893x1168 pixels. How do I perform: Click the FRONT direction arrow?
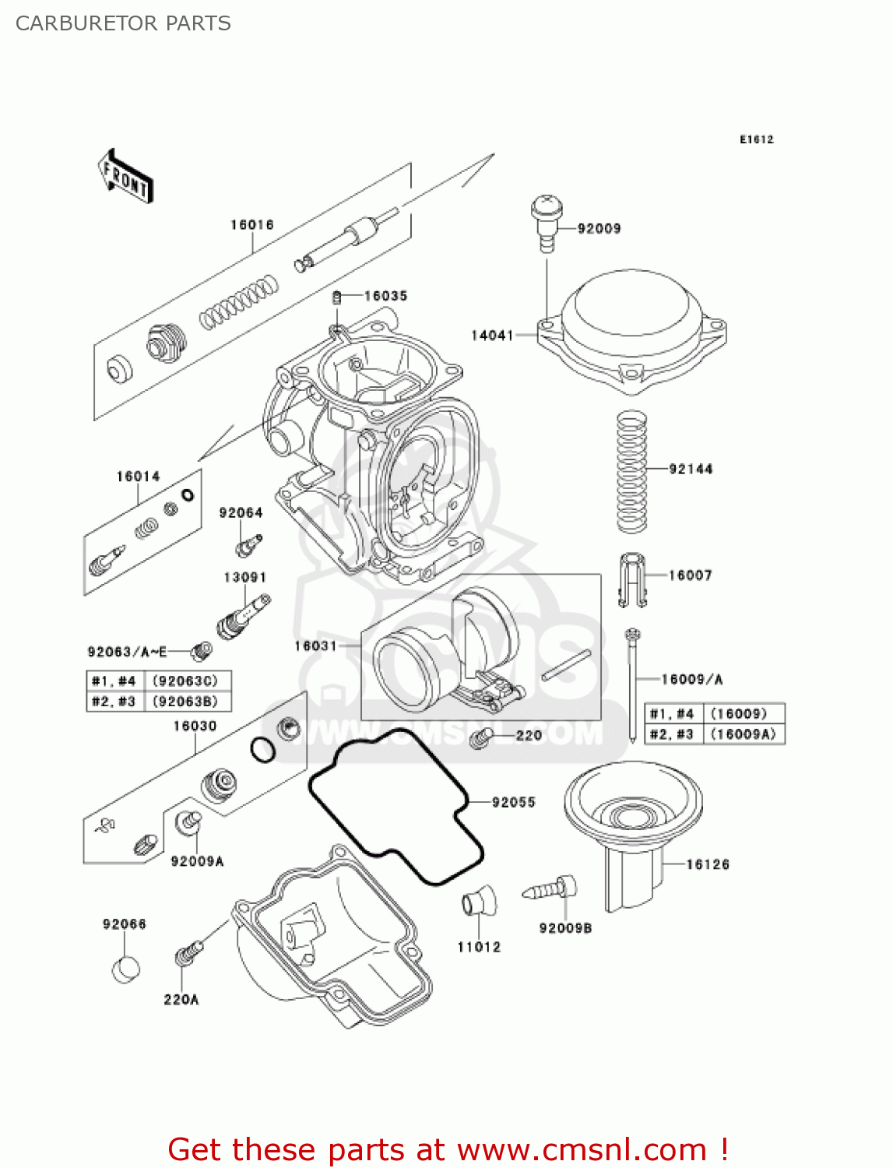point(125,177)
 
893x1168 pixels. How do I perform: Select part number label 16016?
point(251,225)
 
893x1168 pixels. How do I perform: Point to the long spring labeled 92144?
point(632,472)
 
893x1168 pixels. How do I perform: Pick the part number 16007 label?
point(690,575)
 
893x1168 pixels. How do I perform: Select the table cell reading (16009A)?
point(744,734)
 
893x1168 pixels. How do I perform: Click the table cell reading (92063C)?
point(185,681)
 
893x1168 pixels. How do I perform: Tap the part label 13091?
point(245,578)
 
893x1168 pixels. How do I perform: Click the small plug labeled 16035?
point(338,297)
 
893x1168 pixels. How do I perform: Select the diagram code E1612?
point(756,139)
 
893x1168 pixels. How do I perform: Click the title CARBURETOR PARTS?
point(123,23)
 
